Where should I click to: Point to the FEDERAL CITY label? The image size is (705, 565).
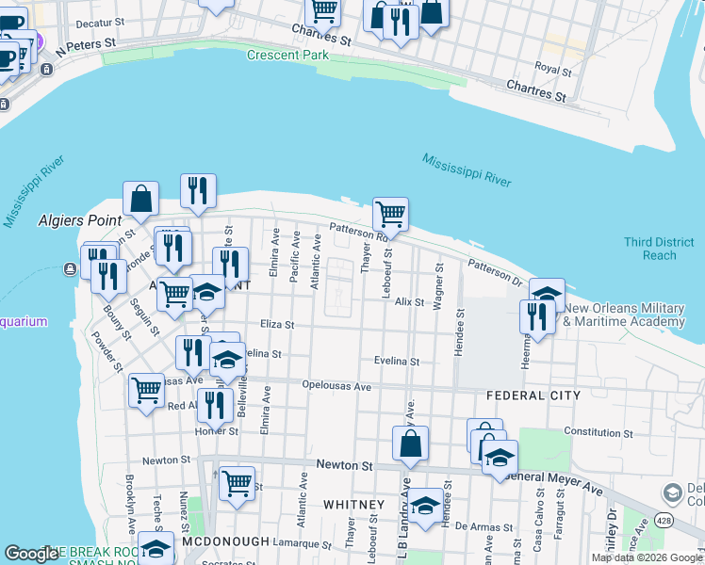(533, 395)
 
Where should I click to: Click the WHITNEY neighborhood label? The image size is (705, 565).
(353, 505)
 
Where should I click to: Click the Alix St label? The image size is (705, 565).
(410, 302)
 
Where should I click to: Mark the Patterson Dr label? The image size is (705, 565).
(495, 273)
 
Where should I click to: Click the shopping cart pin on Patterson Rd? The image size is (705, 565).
(390, 214)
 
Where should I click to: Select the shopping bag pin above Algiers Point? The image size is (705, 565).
(140, 199)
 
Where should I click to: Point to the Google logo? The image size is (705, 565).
(32, 555)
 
